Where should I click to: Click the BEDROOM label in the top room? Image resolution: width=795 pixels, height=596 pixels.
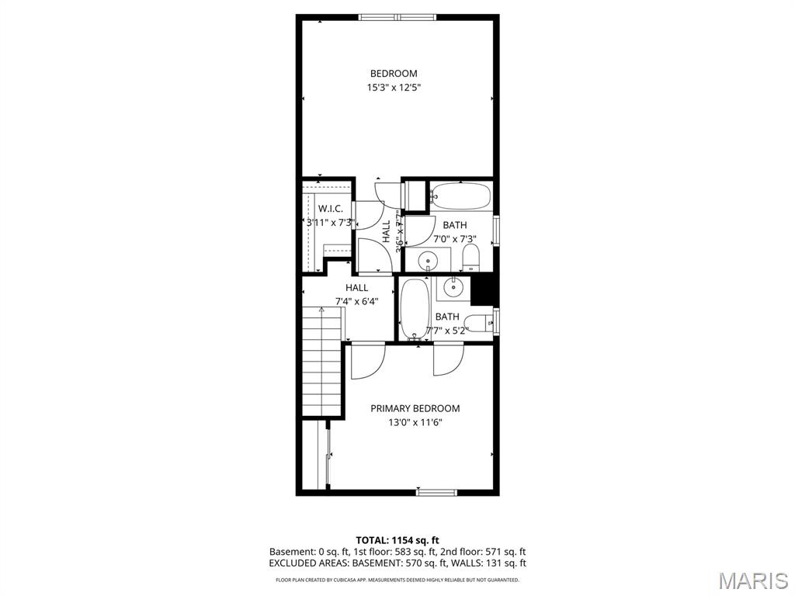(393, 74)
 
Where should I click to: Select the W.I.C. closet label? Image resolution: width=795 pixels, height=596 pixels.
(331, 208)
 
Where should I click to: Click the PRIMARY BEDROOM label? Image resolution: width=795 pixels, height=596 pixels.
(415, 408)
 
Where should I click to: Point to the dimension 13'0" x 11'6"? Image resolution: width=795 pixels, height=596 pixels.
(415, 423)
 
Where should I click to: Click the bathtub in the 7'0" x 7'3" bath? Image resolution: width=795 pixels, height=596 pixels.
(460, 195)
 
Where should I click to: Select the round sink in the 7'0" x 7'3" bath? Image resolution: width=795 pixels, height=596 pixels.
(429, 259)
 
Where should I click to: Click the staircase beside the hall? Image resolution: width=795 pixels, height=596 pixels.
(321, 362)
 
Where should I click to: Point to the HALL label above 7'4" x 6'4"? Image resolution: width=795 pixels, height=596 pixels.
(357, 288)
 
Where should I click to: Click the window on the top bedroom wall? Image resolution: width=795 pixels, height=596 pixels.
(397, 16)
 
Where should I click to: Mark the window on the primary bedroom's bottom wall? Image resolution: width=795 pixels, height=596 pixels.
(436, 491)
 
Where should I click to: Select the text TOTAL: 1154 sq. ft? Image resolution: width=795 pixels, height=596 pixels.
(397, 540)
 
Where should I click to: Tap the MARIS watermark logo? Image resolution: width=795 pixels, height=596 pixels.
(752, 580)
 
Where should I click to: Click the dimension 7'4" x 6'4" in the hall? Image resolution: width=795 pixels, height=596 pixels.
(357, 301)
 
